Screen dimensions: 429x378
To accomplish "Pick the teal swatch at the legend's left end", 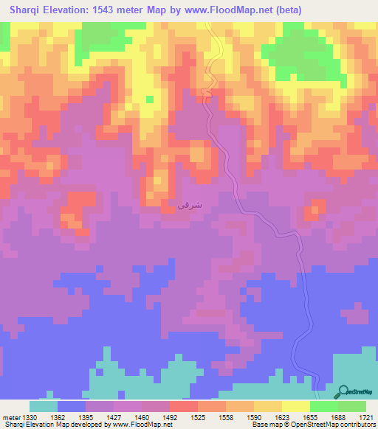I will pos(44,406).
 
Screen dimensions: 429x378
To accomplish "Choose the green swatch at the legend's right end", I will pos(352,406).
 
